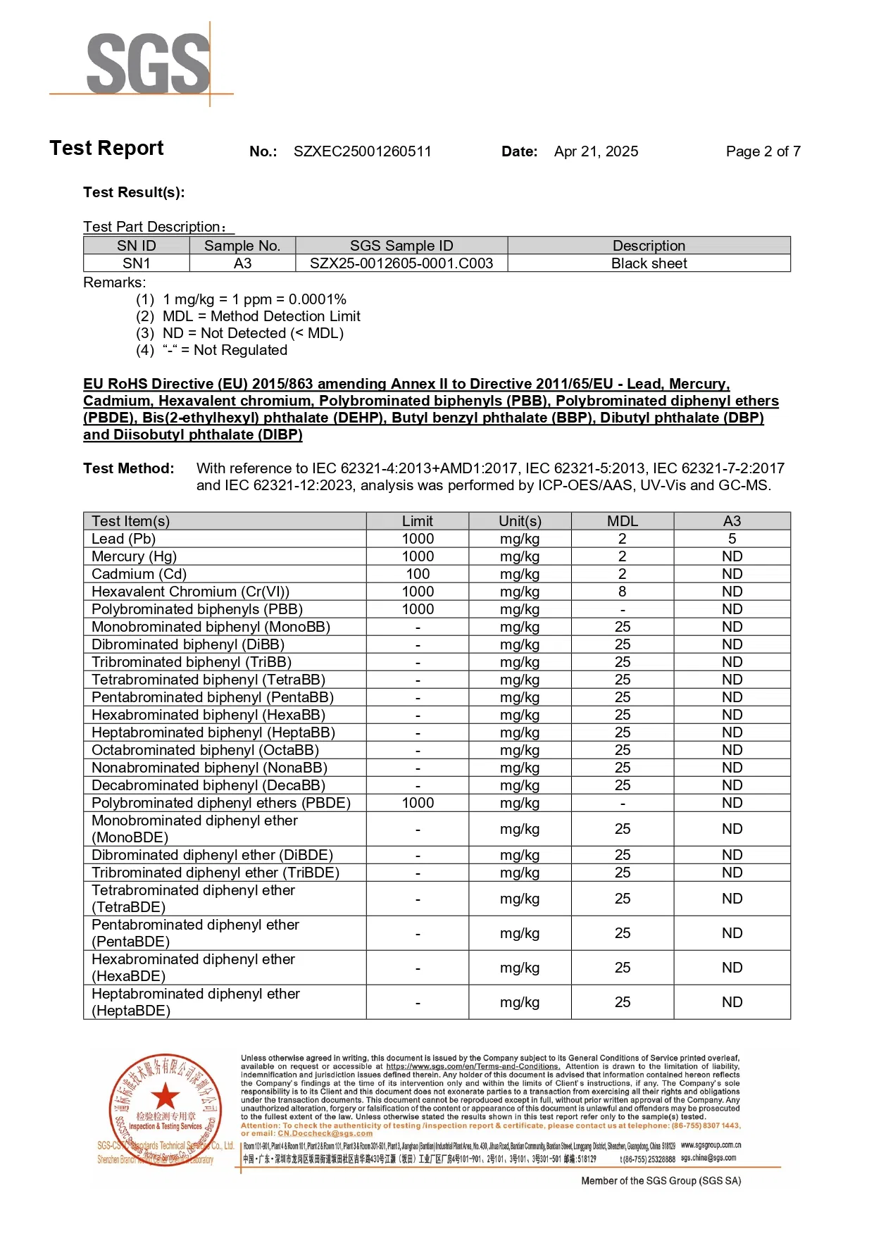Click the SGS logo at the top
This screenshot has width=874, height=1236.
point(148,63)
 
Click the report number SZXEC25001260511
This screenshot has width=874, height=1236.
point(362,151)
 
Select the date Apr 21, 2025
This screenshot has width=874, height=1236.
point(596,151)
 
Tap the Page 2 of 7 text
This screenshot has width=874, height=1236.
point(763,151)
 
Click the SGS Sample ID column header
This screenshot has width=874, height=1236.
point(401,246)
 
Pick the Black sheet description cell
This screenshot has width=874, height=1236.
point(649,263)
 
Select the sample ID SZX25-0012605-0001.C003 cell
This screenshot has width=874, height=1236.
point(401,263)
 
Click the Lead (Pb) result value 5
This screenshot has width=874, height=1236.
point(732,539)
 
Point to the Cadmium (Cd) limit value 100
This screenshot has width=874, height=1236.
point(418,574)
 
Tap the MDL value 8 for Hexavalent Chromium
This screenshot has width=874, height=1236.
point(622,592)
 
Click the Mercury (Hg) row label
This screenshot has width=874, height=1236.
point(134,556)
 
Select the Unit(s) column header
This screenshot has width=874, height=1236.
point(520,521)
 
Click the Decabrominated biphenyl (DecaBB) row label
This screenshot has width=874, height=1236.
point(208,785)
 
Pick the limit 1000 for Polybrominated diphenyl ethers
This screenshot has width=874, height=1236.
point(418,803)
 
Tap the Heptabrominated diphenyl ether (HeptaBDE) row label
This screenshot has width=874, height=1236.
point(196,1002)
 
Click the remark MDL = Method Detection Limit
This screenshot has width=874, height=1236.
point(261,316)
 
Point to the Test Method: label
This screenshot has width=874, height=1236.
point(128,468)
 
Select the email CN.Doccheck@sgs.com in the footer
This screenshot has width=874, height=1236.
point(325,1133)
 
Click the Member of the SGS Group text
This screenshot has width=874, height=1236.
point(661,1181)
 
